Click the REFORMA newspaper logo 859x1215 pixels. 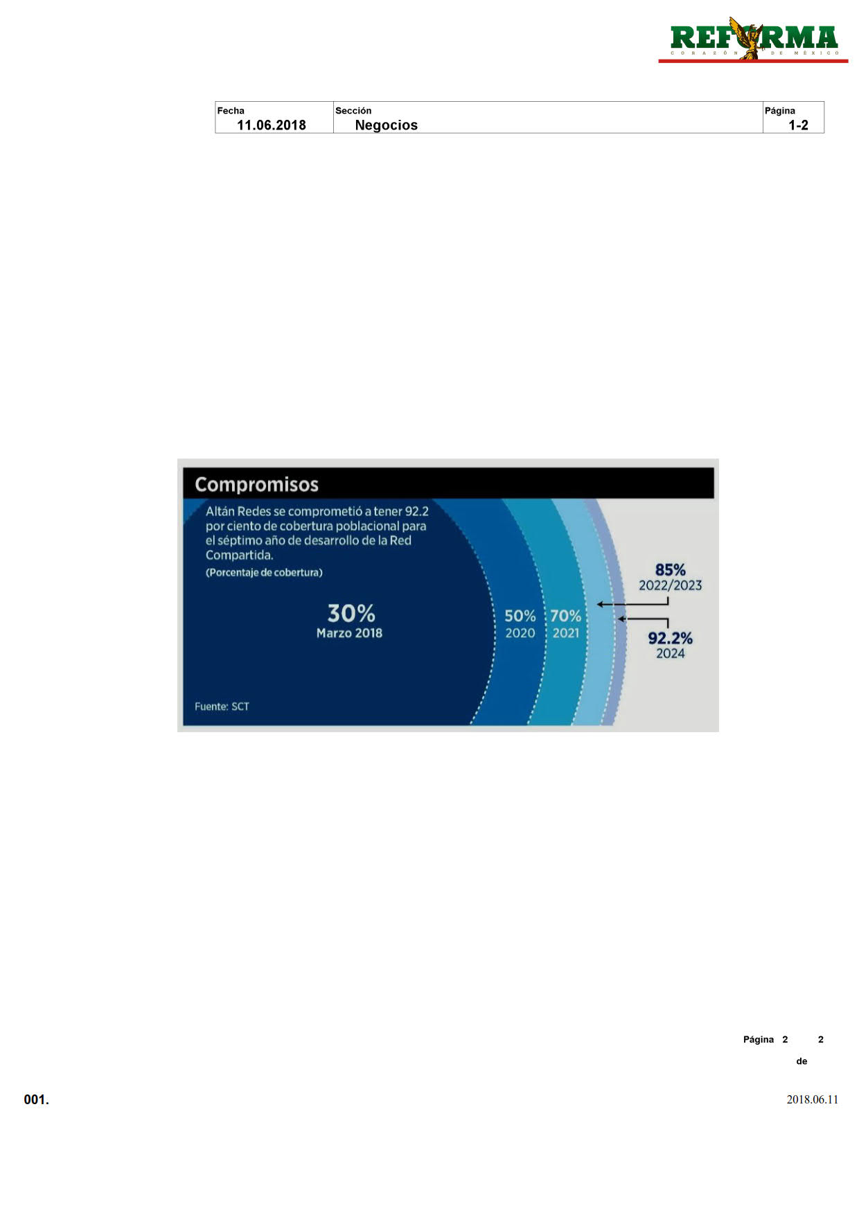coord(754,40)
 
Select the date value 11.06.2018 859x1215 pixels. coord(272,125)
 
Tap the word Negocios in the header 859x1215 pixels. coord(387,125)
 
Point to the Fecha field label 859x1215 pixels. coord(231,111)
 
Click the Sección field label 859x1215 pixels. coord(353,111)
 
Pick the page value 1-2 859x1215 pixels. coord(798,125)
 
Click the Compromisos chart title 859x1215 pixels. coord(256,484)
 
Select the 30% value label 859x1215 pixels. coord(351,613)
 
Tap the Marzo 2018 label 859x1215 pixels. coord(349,633)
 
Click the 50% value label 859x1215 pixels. coord(520,616)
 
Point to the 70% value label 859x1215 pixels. coord(566,616)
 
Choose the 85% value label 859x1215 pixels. coord(671,569)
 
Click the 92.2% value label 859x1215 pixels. coord(670,638)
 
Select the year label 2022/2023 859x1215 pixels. coord(670,586)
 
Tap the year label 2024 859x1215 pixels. coord(670,653)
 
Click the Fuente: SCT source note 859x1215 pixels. coord(222,707)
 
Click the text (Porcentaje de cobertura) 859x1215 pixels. coord(264,573)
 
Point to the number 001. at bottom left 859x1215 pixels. coord(37,1100)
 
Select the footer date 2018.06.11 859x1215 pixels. coord(812,1100)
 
